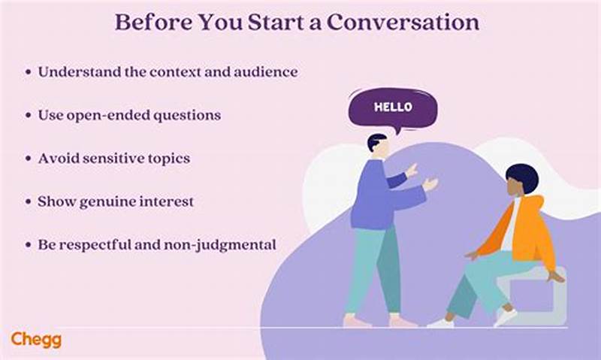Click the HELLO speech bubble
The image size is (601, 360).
(x=392, y=108)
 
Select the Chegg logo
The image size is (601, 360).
(x=36, y=339)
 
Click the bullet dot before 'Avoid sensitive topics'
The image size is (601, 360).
(x=28, y=159)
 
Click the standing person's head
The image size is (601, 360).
(x=378, y=144)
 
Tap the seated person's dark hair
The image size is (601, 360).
(x=521, y=177)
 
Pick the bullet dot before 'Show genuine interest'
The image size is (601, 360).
(x=28, y=202)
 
